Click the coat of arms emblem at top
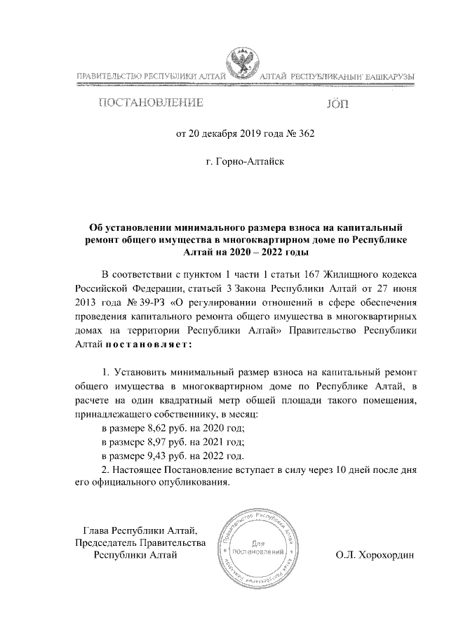click(243, 67)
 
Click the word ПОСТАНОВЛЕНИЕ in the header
click(150, 104)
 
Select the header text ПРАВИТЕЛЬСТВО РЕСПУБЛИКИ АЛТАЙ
click(147, 76)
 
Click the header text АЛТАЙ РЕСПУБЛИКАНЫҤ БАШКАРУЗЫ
click(337, 76)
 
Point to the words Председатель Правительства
click(140, 542)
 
